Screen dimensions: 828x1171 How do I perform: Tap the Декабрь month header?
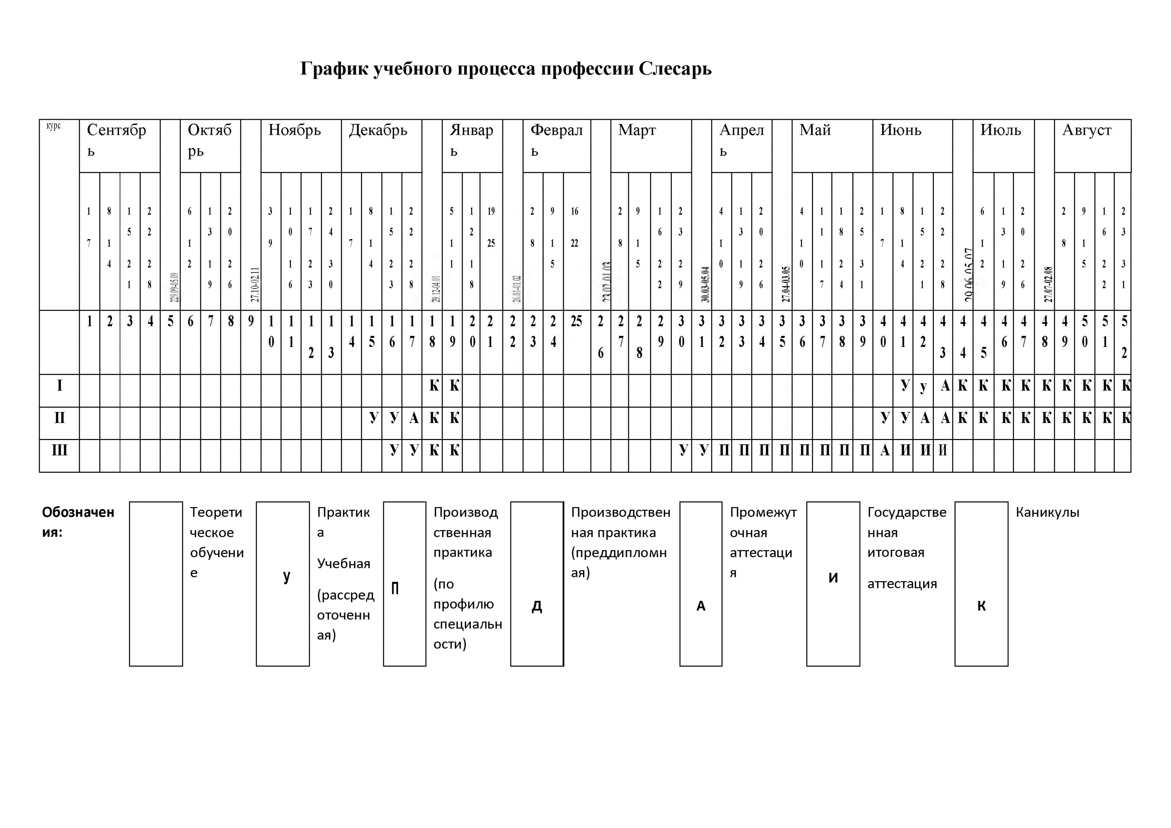pos(378,130)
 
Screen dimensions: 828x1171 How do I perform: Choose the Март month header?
pos(637,130)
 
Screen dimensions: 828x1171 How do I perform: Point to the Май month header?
pos(815,130)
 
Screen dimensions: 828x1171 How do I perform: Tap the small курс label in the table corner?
pos(53,126)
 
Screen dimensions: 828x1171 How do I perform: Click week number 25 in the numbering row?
pos(576,321)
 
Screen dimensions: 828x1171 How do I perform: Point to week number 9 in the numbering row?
pos(251,321)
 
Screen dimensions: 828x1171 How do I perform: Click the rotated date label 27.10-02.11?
pos(255,285)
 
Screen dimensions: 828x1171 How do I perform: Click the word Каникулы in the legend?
pos(1047,512)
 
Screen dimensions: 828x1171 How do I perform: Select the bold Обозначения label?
pos(78,521)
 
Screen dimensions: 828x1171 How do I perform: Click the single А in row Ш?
pos(884,451)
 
